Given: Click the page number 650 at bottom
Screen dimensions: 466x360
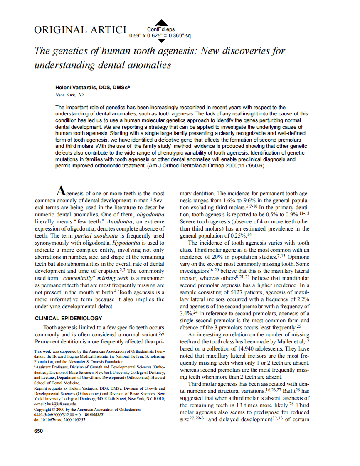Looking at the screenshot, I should point(38,431).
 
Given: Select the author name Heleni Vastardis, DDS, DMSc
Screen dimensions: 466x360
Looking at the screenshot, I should point(92,88).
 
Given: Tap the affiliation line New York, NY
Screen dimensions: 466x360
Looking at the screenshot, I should point(69,95).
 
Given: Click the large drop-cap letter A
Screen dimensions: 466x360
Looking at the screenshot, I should point(61,191).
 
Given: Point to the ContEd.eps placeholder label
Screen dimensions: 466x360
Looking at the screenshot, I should point(161,29).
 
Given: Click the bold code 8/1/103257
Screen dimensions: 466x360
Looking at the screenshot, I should point(94,414).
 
